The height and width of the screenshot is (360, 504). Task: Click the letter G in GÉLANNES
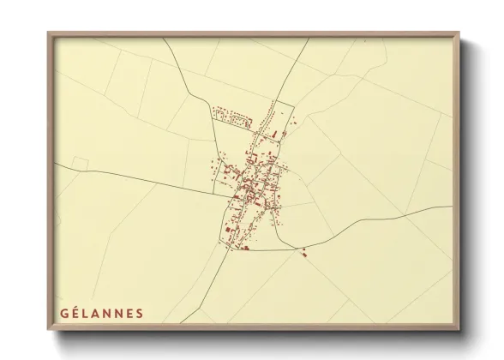[x=63, y=312]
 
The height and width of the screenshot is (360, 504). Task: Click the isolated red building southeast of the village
[x=303, y=252]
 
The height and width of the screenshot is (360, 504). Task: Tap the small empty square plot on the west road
[x=81, y=163]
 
